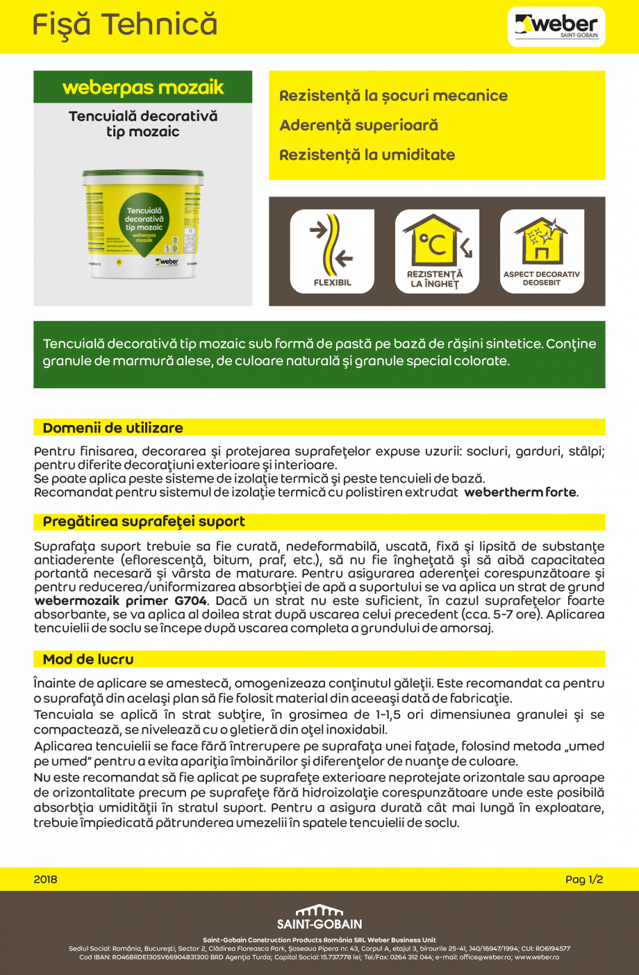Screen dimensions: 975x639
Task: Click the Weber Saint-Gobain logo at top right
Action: click(x=556, y=27)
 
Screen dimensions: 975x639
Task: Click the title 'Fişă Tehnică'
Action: click(x=125, y=25)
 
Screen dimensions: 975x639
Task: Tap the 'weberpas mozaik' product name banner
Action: click(x=143, y=87)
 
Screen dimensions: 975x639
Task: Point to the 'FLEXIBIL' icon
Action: click(x=332, y=251)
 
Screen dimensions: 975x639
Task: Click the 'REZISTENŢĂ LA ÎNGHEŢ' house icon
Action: click(x=437, y=251)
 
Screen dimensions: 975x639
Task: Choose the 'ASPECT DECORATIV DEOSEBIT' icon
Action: click(x=542, y=251)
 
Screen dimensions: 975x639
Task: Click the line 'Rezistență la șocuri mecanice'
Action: click(x=393, y=96)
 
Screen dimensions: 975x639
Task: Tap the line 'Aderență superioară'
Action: click(x=358, y=126)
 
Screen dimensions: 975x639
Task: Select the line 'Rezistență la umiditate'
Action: click(x=367, y=155)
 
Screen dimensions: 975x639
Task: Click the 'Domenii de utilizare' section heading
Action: click(x=113, y=428)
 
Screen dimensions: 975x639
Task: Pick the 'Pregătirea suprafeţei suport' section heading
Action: click(x=144, y=522)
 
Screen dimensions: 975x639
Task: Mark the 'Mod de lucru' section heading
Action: click(x=88, y=659)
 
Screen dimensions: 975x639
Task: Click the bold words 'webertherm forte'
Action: click(x=520, y=492)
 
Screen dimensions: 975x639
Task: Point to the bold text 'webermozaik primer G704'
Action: click(x=120, y=601)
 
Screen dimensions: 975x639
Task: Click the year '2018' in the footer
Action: click(x=45, y=879)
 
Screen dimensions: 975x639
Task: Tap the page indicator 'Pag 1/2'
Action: click(x=584, y=879)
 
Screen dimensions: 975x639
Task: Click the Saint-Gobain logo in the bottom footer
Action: click(x=319, y=917)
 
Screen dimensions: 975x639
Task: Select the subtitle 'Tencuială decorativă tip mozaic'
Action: click(x=143, y=124)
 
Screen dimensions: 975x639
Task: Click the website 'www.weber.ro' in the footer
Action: click(x=537, y=957)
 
